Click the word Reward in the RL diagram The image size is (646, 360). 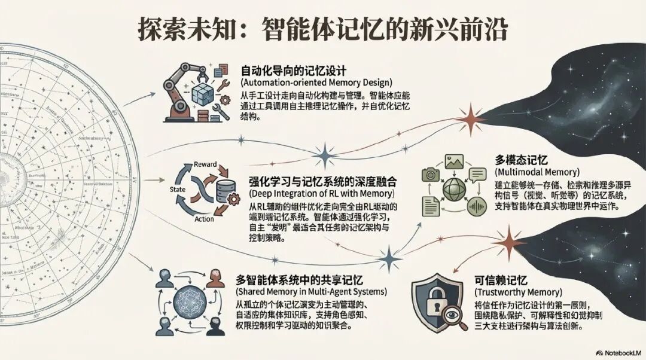pyautogui.click(x=206, y=164)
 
